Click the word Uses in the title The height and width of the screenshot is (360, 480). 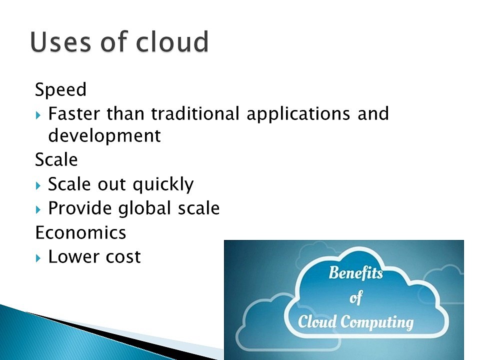pyautogui.click(x=60, y=41)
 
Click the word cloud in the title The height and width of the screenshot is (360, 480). pyautogui.click(x=172, y=41)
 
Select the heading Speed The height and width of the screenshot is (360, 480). pyautogui.click(x=60, y=90)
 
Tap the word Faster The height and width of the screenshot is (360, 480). pyautogui.click(x=74, y=113)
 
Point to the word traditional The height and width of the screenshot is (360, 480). pyautogui.click(x=195, y=113)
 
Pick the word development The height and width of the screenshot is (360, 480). pyautogui.click(x=104, y=135)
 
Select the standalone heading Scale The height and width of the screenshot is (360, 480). pyautogui.click(x=56, y=159)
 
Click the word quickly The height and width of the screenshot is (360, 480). pyautogui.click(x=163, y=185)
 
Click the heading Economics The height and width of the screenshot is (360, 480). pyautogui.click(x=80, y=232)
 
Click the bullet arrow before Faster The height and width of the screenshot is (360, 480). pyautogui.click(x=38, y=115)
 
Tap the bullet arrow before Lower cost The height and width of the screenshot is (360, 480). pyautogui.click(x=38, y=258)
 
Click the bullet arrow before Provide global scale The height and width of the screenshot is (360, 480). pyautogui.click(x=38, y=210)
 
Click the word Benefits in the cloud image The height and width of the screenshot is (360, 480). pyautogui.click(x=355, y=273)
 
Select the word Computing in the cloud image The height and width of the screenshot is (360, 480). pyautogui.click(x=377, y=322)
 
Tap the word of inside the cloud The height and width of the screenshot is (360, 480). pyautogui.click(x=356, y=297)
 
